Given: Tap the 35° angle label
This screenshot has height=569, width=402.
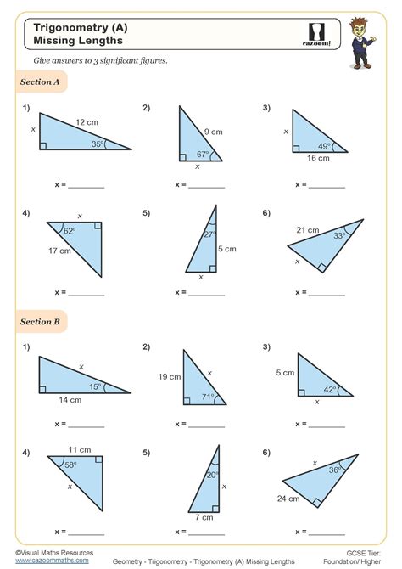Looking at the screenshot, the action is (x=98, y=144).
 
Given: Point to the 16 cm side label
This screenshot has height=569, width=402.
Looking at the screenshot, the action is (x=319, y=159).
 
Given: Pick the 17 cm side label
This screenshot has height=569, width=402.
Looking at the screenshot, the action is (x=59, y=251).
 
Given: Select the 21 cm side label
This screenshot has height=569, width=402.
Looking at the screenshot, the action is (x=308, y=230).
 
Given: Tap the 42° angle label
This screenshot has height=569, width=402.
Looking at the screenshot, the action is (x=330, y=389).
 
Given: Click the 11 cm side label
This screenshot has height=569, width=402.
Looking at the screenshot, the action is (x=81, y=448).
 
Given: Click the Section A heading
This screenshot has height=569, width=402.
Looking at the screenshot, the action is (x=39, y=82).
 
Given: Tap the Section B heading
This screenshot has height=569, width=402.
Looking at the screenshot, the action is (x=39, y=323).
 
